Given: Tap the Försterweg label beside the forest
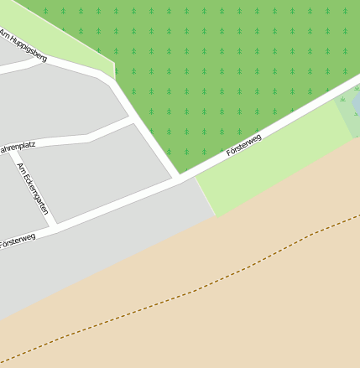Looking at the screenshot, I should coord(243,144).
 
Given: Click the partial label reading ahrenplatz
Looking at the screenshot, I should coord(17,147).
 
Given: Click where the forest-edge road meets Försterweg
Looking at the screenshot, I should coord(178,179).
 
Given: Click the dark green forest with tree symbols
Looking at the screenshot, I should coord(227,67).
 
